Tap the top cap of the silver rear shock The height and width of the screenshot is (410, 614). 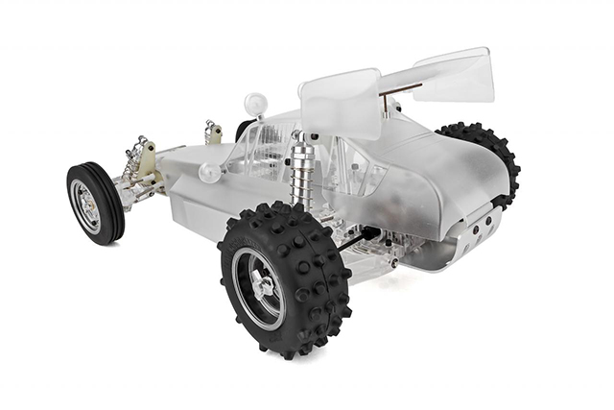coord(303,140)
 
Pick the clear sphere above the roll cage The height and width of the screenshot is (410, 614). coord(256,103)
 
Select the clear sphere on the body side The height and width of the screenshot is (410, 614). coord(209,173)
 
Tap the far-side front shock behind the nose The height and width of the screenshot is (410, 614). coord(212,132)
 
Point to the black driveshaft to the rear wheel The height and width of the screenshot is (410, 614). coord(354,240)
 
